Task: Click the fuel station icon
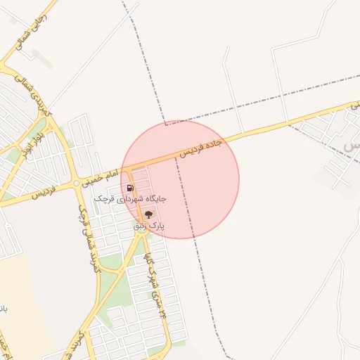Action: pos(131,188)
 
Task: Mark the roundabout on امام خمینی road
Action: pos(77,184)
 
